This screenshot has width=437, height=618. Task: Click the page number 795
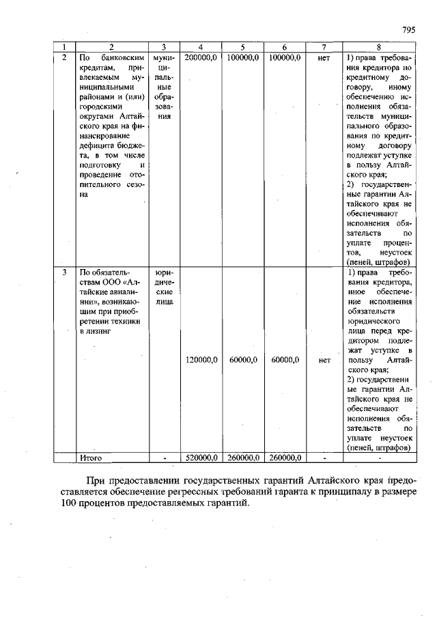(408, 30)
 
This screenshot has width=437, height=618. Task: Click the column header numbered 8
(378, 47)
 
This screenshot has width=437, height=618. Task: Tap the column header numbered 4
(201, 47)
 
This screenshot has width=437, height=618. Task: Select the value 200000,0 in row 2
(201, 58)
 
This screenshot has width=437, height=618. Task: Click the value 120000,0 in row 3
(201, 359)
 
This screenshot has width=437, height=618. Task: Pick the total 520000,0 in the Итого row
(201, 458)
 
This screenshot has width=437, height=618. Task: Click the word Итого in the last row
(91, 458)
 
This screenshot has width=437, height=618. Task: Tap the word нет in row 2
(324, 58)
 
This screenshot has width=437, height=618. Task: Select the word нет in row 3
(324, 359)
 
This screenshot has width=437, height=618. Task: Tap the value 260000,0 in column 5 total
(242, 458)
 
